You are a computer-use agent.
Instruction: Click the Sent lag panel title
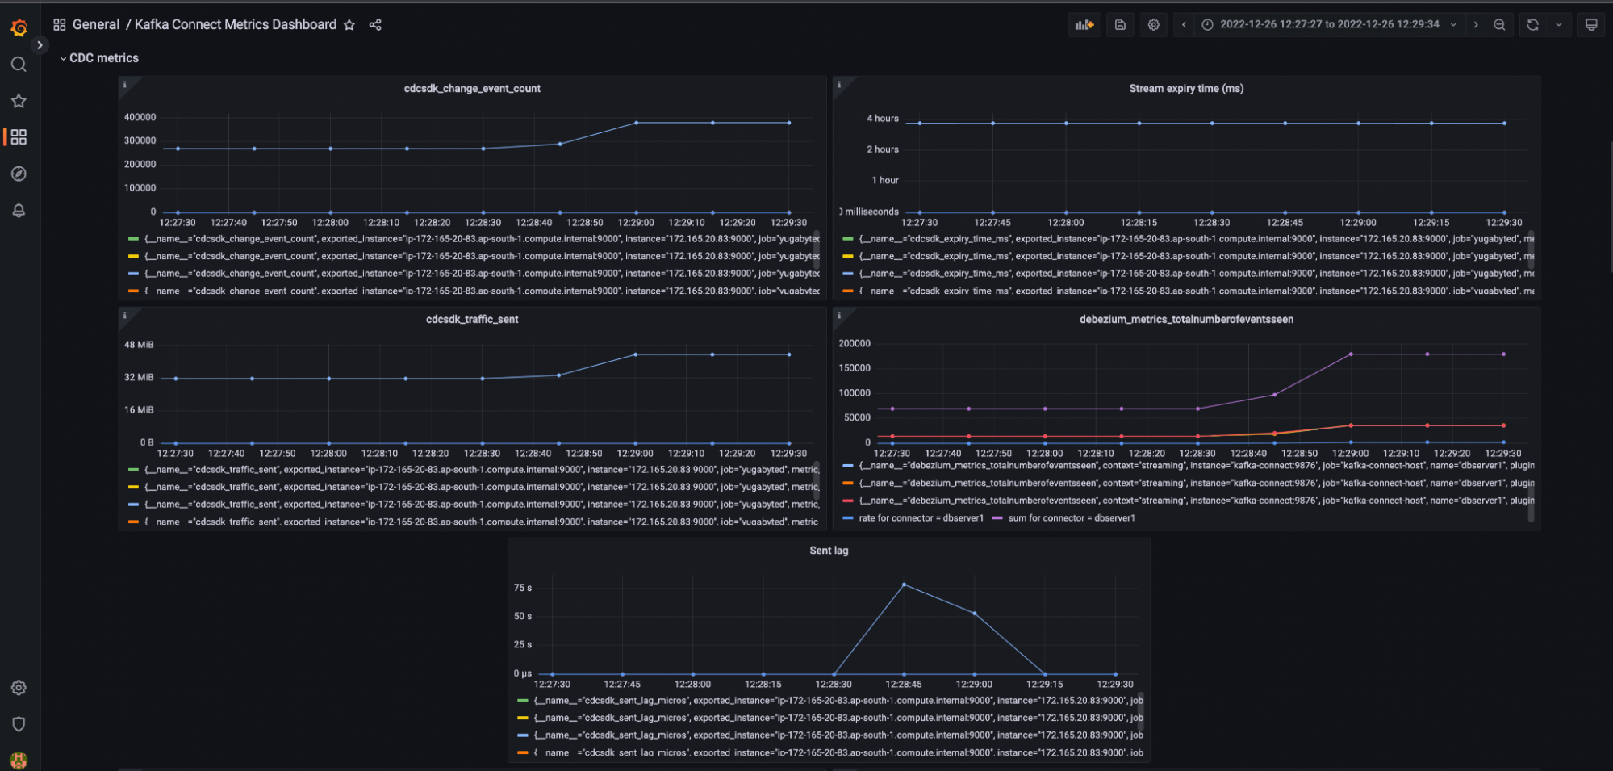coord(829,551)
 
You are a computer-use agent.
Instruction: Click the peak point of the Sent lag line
coord(904,584)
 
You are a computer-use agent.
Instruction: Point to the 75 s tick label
coord(523,588)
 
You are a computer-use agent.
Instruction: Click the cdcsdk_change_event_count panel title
coord(472,89)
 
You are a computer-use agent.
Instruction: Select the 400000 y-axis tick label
coord(140,117)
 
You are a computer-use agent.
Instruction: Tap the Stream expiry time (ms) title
coord(1186,89)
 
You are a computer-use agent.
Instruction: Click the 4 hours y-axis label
coord(882,119)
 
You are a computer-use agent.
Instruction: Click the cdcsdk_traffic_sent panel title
coord(472,320)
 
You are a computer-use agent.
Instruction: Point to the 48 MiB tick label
coord(139,345)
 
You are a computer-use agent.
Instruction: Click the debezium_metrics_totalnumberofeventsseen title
coord(1186,320)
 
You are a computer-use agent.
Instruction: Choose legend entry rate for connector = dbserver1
coord(921,518)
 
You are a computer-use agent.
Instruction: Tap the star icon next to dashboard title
coord(349,25)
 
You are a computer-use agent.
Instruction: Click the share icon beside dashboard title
coord(375,25)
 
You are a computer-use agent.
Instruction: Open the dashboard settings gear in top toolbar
coord(1154,25)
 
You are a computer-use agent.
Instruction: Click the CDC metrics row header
coord(103,58)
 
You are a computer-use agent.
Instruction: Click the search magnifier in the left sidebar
coord(19,65)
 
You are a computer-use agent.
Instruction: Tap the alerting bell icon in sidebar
coord(19,211)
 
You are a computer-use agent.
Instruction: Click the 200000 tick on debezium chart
coord(855,344)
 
